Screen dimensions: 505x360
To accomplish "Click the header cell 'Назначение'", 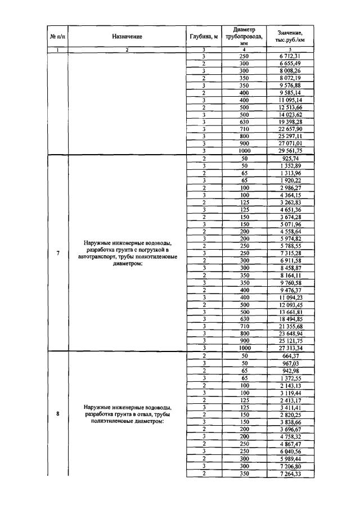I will pos(127,37).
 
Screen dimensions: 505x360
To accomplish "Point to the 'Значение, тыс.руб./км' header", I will pos(290,37).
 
